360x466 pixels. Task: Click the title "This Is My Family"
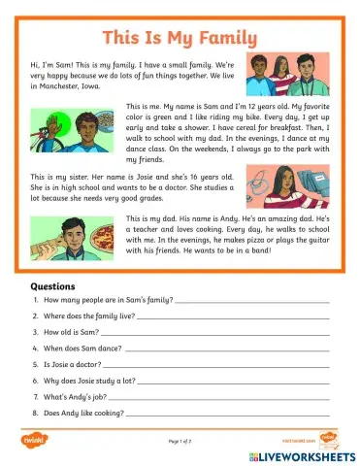[x=180, y=38]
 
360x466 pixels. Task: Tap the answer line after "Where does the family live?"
[x=234, y=316]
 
